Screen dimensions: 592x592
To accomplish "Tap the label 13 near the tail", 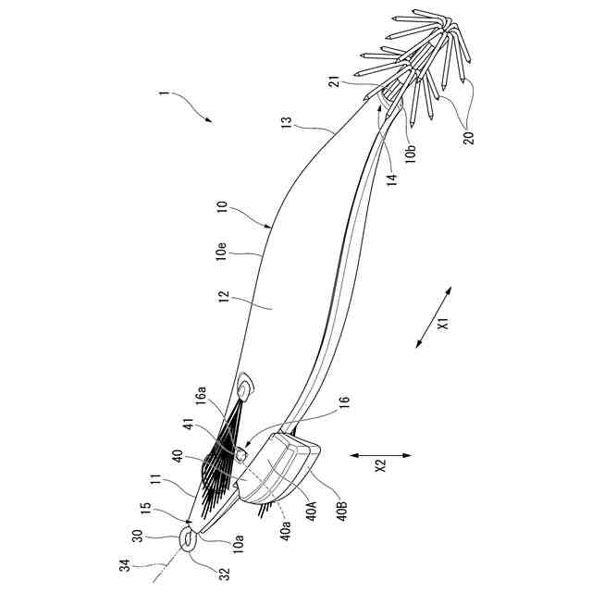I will point(287,122).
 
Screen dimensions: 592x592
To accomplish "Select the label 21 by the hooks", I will point(334,85).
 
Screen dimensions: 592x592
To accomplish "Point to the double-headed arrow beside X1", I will point(433,317).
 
